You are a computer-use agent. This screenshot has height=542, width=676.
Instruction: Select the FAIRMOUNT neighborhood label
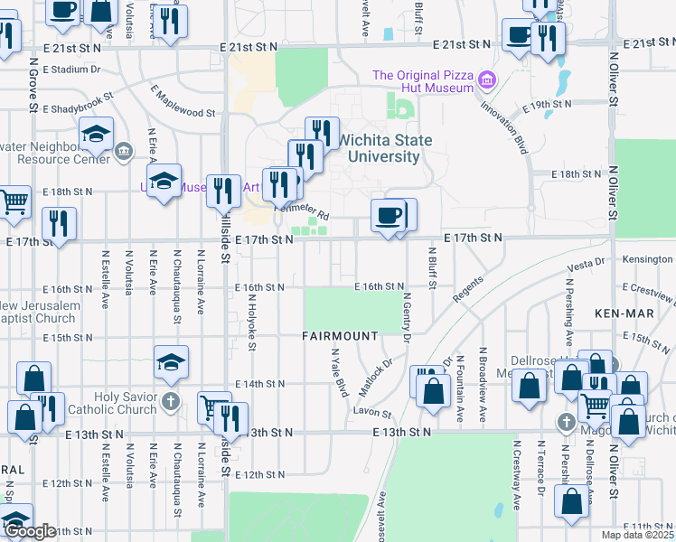point(340,336)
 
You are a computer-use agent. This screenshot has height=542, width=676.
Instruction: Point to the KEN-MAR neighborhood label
point(618,313)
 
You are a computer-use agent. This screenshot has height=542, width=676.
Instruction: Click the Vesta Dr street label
point(587,267)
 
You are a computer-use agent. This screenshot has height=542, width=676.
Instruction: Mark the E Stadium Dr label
point(69,69)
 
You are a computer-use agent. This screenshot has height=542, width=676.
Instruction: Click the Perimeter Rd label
point(301,211)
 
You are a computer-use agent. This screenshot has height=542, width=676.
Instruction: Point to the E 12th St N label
point(260,474)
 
